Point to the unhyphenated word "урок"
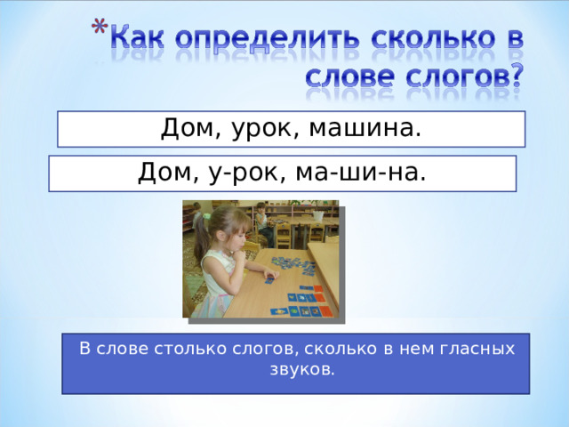point(260,130)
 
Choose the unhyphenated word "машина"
point(365,130)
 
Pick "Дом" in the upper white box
point(185,130)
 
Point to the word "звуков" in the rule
point(301,368)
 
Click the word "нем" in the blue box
point(420,349)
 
